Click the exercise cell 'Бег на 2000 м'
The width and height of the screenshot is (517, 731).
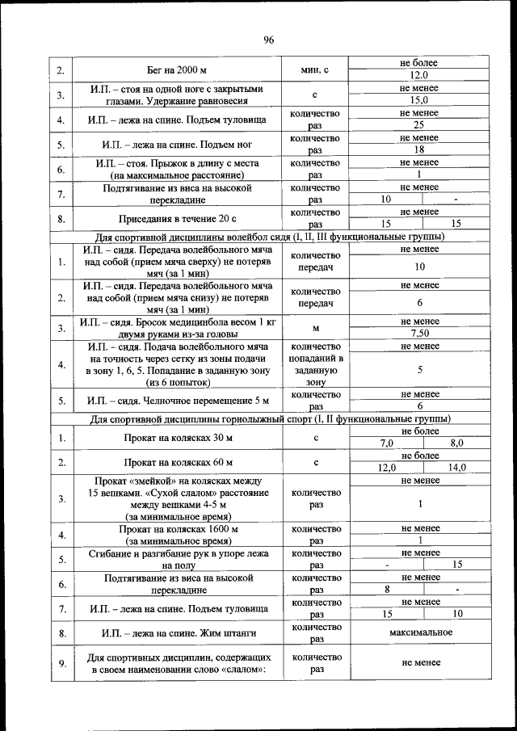178,70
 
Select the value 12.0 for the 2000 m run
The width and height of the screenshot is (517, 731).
419,75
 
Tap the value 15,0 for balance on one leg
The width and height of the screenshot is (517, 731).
419,100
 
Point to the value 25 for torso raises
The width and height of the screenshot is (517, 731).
419,125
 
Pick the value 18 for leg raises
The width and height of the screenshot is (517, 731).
419,150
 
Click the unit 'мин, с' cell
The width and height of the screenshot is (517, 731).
316,70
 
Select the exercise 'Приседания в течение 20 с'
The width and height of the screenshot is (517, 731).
178,219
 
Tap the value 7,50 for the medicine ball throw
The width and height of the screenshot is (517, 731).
419,333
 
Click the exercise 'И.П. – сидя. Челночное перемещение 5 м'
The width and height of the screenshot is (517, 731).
178,401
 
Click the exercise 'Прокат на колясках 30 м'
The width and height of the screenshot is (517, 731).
178,438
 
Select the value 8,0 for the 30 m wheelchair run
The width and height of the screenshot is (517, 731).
456,443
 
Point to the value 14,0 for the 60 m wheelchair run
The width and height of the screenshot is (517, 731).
456,468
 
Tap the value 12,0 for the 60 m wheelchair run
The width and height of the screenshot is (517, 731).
386,468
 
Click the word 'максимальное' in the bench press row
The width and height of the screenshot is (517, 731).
419,632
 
